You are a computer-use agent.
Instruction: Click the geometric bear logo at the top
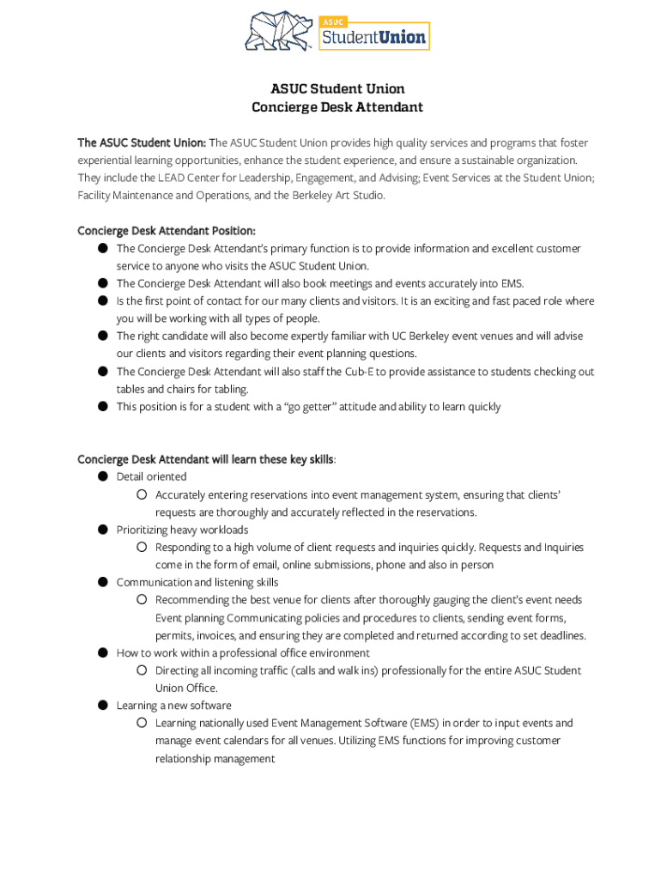point(280,32)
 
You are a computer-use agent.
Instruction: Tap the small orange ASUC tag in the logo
point(333,21)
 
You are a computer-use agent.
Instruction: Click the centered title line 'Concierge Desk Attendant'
point(337,107)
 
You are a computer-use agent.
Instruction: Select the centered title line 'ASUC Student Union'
point(337,88)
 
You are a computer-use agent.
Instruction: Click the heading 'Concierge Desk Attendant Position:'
point(167,231)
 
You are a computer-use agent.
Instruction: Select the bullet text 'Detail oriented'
point(151,476)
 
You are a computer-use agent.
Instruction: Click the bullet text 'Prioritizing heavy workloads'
point(182,530)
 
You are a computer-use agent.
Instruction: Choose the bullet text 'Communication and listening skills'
point(197,582)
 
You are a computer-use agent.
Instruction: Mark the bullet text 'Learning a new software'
point(173,706)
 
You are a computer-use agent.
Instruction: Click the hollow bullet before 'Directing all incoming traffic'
point(141,670)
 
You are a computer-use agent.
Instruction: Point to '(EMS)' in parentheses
point(421,723)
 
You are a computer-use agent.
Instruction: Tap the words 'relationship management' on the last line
point(215,759)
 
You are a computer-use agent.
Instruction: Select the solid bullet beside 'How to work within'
point(101,652)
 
